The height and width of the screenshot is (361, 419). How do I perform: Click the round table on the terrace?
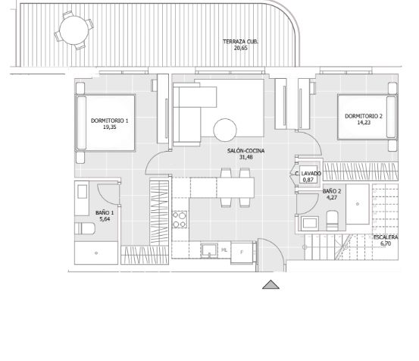pos(73,30)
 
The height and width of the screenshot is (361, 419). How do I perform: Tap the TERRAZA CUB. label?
pos(240,42)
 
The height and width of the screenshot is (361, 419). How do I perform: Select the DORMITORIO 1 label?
pos(110,121)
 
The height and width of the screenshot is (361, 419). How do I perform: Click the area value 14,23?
pos(364,123)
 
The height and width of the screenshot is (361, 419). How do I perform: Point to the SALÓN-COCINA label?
pos(245,151)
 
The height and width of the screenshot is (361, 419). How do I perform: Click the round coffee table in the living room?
pos(225,130)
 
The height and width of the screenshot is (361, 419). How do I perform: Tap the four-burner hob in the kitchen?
pos(180,219)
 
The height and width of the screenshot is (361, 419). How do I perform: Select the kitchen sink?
pos(209,250)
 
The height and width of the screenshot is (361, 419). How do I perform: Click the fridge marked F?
pos(242,252)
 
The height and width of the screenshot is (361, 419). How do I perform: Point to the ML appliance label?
pos(224,250)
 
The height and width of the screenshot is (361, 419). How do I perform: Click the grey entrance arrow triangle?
pos(270,284)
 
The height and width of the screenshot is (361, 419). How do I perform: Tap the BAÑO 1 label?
pos(105,213)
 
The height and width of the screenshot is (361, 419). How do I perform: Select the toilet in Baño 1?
pos(85,228)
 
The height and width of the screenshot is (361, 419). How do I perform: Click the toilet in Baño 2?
pos(333,221)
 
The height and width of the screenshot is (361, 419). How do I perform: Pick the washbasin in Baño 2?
pos(310,223)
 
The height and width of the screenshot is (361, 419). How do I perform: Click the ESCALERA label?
pos(386,237)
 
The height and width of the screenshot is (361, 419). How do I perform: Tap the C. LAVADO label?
pos(308,174)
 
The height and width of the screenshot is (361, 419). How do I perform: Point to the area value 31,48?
pos(245,157)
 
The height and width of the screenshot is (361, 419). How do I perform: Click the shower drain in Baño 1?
pos(96,253)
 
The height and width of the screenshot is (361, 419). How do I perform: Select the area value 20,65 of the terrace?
pos(240,48)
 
